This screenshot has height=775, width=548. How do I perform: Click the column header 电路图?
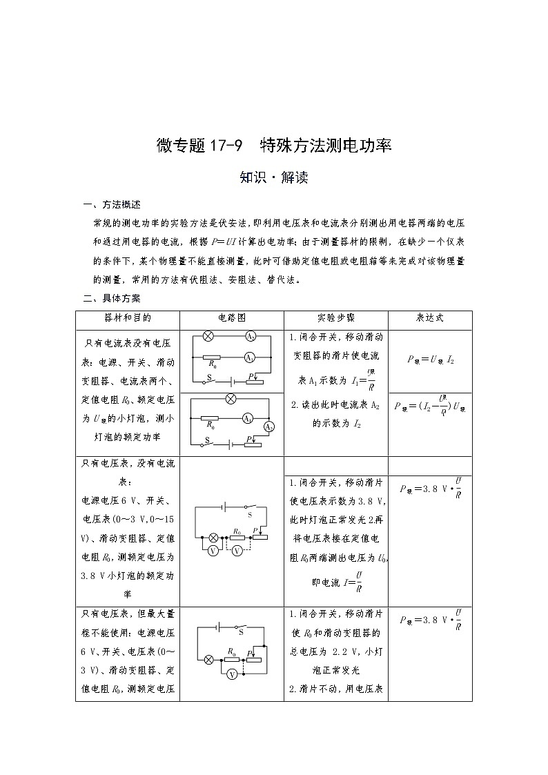click(x=232, y=318)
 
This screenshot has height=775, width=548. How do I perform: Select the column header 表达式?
click(x=429, y=318)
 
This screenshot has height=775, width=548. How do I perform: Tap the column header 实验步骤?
click(x=336, y=318)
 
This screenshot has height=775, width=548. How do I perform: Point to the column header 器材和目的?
click(x=128, y=318)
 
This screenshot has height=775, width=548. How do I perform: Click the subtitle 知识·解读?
click(x=273, y=177)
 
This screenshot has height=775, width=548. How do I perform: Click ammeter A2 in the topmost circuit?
click(x=251, y=337)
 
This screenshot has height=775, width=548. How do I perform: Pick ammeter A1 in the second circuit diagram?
click(x=247, y=418)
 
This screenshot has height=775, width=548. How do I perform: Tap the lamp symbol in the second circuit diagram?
click(x=232, y=399)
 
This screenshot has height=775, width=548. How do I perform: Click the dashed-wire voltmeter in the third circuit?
click(x=237, y=550)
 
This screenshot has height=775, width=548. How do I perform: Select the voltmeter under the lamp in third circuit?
click(x=214, y=550)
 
